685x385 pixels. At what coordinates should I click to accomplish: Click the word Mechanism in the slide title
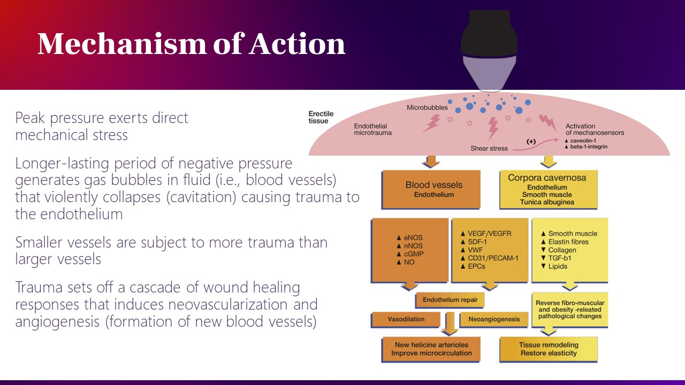[121, 44]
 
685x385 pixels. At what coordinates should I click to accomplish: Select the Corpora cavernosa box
[547, 189]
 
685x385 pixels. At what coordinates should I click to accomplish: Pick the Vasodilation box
[406, 319]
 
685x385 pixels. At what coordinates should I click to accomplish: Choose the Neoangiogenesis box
[493, 319]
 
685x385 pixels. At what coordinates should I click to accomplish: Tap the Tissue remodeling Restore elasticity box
[548, 349]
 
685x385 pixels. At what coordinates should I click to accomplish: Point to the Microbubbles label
[427, 107]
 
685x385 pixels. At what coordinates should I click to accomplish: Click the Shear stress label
[489, 148]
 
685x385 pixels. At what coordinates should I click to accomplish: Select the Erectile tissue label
[321, 117]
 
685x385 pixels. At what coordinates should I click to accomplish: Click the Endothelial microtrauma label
[372, 129]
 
